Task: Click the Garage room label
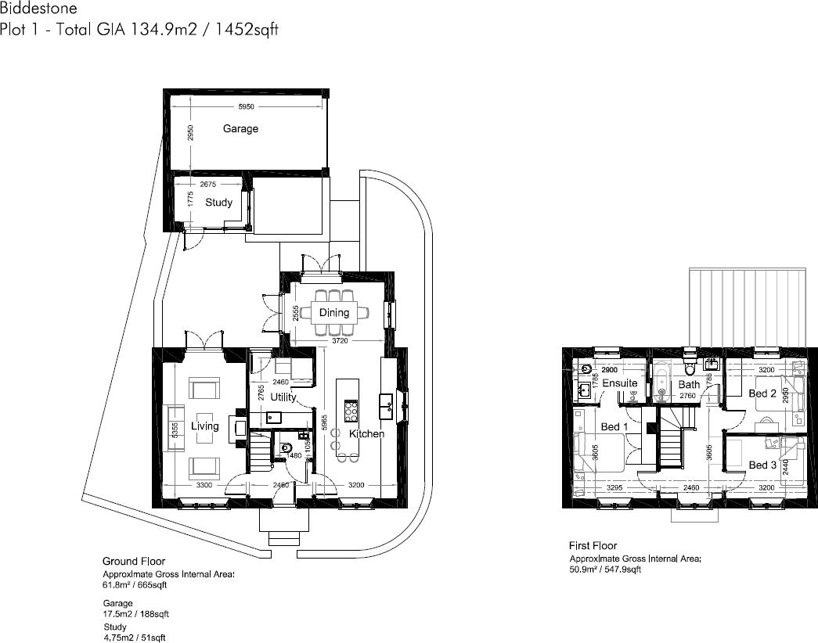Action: coord(240,129)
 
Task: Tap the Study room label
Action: coord(218,203)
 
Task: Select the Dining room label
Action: coord(334,313)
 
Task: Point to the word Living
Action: coord(205,426)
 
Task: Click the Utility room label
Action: coord(283,397)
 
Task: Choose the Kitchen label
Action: coord(366,434)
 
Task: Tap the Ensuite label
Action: coord(620,384)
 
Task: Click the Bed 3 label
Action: coord(763,465)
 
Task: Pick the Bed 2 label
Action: coord(762,393)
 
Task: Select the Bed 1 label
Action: coord(614,427)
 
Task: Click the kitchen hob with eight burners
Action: coord(351,410)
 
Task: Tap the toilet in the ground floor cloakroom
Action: coord(285,448)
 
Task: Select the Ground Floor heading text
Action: coord(133,562)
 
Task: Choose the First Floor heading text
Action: coord(593,546)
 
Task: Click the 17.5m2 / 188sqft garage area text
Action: coord(135,614)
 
